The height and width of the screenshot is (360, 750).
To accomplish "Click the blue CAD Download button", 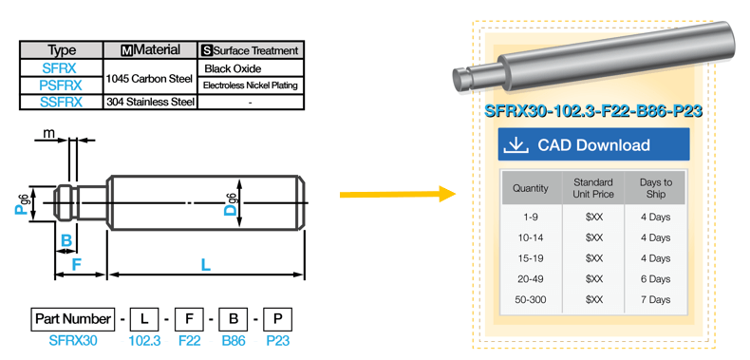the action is pos(593,144).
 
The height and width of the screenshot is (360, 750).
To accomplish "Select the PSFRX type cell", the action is pos(61,85).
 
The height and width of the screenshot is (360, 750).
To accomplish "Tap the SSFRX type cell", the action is pos(61,102).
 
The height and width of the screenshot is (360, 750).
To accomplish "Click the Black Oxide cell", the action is pos(251,68).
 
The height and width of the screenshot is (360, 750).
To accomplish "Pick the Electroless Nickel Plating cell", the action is pos(251,85).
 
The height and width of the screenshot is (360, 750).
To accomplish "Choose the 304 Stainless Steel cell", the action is pos(150,102).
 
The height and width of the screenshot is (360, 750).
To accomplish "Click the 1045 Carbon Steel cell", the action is pos(150,77).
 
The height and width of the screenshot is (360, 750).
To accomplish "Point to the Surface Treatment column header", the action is pos(251,50).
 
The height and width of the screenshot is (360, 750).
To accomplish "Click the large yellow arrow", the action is pos(398,195).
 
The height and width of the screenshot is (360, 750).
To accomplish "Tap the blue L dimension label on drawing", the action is pos(206,264).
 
